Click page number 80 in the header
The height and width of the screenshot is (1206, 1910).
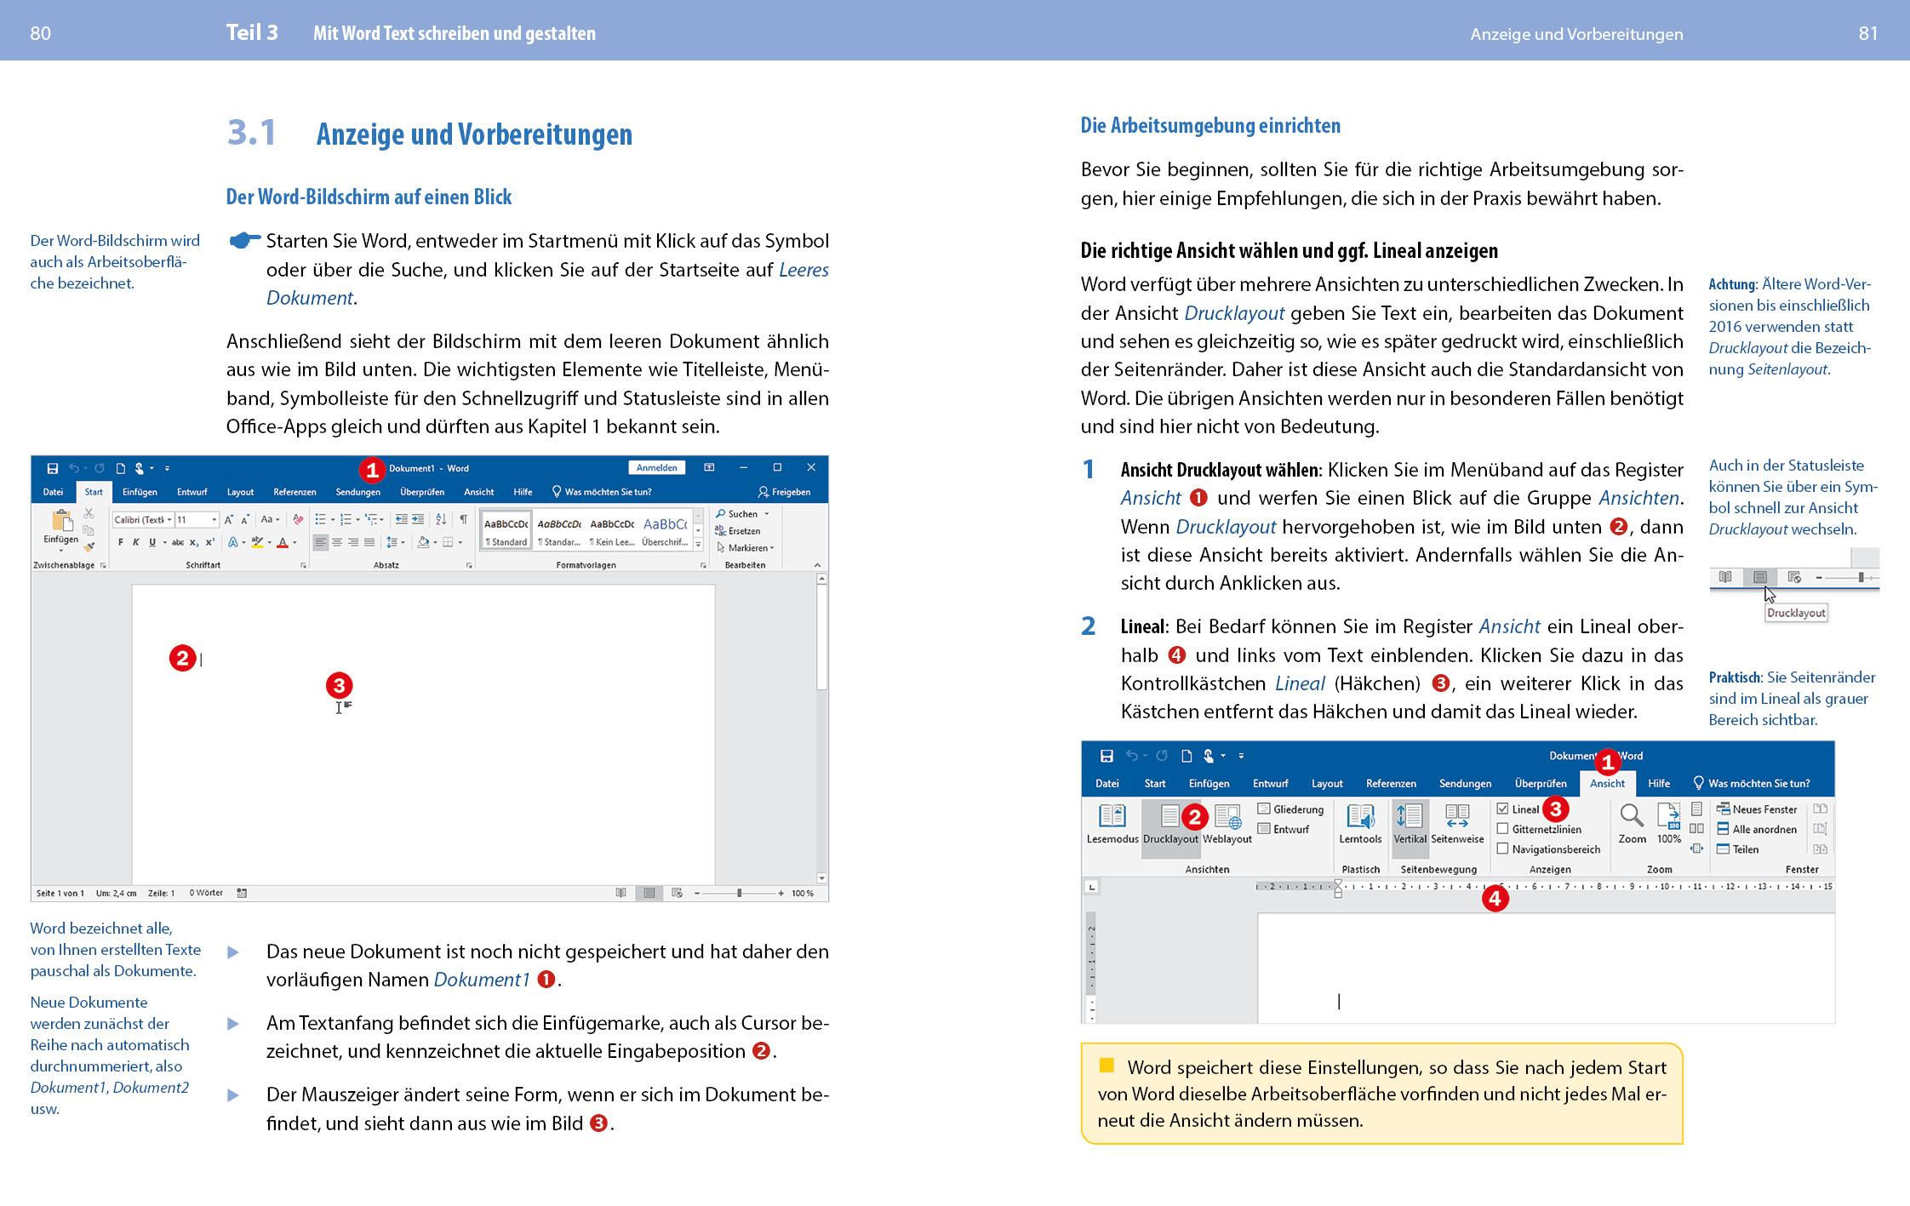(x=40, y=33)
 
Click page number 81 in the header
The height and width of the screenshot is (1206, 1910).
(x=1867, y=33)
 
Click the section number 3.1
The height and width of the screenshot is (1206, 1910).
(x=251, y=133)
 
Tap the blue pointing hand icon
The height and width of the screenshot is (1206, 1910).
(x=245, y=241)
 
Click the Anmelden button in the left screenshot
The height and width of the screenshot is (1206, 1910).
(x=656, y=467)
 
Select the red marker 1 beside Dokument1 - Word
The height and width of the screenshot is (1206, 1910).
(x=372, y=469)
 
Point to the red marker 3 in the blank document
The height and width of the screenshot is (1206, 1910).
(x=339, y=685)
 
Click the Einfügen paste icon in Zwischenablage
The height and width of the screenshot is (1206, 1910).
(x=61, y=520)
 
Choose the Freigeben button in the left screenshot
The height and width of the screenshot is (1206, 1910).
(x=784, y=492)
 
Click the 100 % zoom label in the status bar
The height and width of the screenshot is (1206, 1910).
(x=802, y=893)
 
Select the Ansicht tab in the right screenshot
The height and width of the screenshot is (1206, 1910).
(x=1606, y=783)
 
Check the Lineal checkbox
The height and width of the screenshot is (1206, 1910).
(x=1503, y=809)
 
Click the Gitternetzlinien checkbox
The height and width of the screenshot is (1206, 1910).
(x=1503, y=829)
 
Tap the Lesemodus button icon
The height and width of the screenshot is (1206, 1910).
(x=1112, y=816)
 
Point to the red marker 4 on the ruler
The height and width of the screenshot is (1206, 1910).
(x=1495, y=898)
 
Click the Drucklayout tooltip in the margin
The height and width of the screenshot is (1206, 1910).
(x=1795, y=613)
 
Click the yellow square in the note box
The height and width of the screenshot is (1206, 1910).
(x=1107, y=1065)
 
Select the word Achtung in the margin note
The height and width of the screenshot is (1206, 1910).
(x=1731, y=284)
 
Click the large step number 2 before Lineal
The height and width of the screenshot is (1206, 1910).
(x=1088, y=626)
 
